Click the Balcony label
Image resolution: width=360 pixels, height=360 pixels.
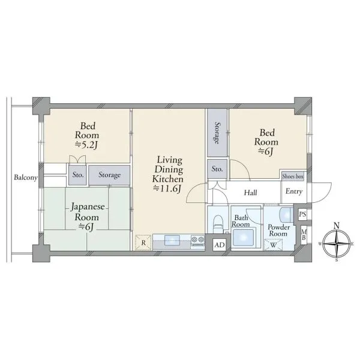point(25,178)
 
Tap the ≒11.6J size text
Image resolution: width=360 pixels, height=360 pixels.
point(167,188)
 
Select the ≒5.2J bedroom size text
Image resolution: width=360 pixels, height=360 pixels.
point(87,145)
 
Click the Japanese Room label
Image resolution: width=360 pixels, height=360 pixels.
point(88,212)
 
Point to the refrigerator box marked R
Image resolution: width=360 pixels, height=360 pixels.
point(143,242)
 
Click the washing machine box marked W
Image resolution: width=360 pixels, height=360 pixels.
point(273,245)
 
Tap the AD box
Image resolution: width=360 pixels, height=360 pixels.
point(220,245)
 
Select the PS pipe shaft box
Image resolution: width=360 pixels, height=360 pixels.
point(302,214)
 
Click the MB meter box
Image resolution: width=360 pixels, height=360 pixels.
point(304,235)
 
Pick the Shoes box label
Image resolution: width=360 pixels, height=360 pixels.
point(293,176)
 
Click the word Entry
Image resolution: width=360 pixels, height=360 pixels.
point(293,191)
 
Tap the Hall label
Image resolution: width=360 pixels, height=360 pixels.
point(250,193)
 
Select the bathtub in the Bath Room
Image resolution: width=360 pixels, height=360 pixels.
point(244,238)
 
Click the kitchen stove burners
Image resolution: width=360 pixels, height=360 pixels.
point(197,240)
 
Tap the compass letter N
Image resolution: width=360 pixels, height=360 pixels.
point(337,226)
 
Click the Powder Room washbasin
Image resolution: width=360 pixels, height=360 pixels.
point(286,215)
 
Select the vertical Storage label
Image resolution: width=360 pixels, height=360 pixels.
point(217,133)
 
